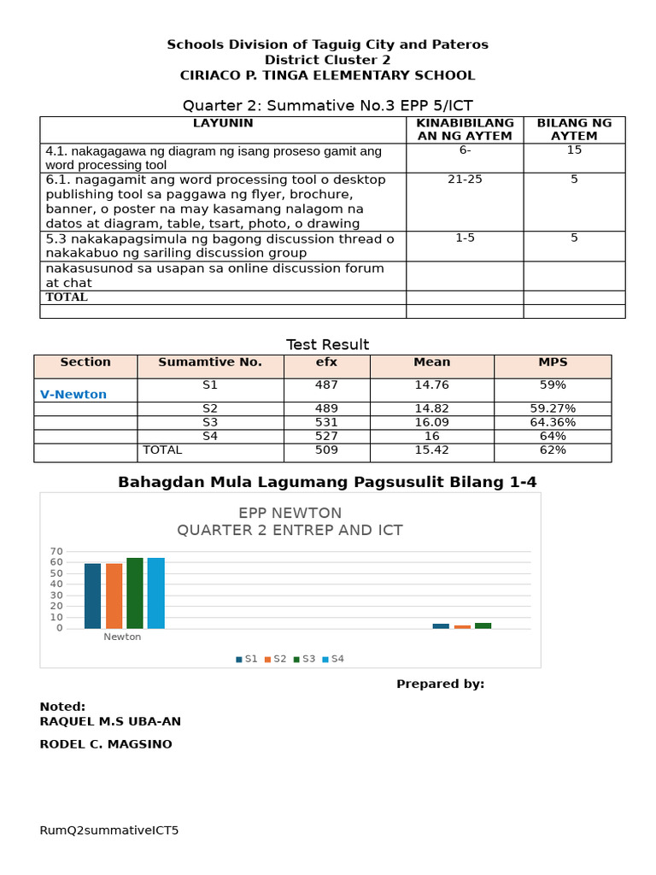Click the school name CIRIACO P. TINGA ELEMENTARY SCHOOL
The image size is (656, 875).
[x=327, y=75]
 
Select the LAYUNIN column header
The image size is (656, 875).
[x=222, y=124]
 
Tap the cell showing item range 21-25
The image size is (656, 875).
[x=465, y=180]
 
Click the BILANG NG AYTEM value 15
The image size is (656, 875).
[x=574, y=150]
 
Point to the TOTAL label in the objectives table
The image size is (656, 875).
[x=67, y=297]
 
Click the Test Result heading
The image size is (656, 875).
[x=327, y=344]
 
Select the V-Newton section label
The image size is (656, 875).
[x=73, y=394]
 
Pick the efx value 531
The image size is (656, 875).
[x=326, y=422]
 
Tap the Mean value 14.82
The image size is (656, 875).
[x=431, y=408]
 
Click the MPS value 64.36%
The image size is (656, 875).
[x=553, y=422]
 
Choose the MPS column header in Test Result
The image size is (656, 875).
[x=553, y=362]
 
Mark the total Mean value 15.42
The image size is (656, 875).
[x=431, y=449]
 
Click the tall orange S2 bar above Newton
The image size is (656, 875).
[x=114, y=596]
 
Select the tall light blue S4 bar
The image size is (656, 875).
[x=156, y=593]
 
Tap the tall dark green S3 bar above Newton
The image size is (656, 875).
[x=135, y=593]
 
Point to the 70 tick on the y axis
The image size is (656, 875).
[x=56, y=551]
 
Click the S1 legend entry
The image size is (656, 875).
[x=247, y=659]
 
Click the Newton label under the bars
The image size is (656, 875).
[x=123, y=637]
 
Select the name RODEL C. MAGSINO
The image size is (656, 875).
[x=106, y=744]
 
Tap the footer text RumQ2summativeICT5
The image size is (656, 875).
[x=109, y=830]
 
